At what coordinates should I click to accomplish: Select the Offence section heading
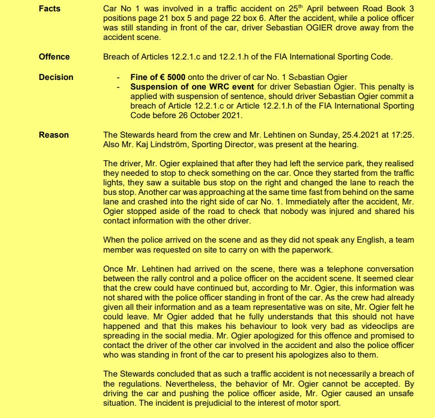tap(54, 57)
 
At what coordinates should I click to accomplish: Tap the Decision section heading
tap(56, 77)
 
